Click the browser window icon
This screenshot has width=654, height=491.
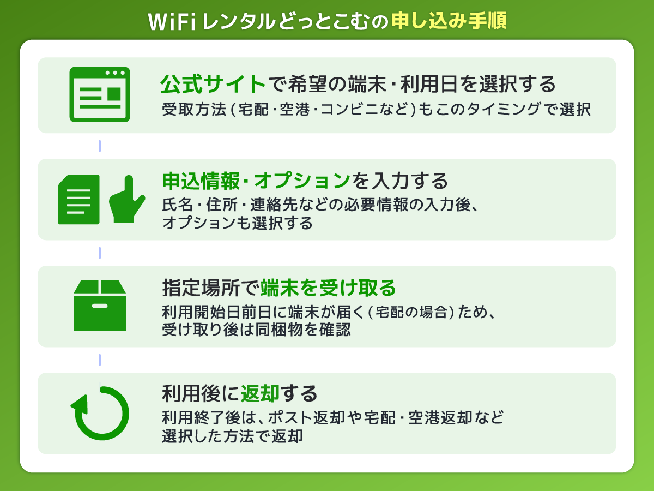pyautogui.click(x=100, y=94)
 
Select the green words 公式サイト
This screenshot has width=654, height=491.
pyautogui.click(x=213, y=85)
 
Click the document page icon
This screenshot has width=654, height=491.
pyautogui.click(x=79, y=199)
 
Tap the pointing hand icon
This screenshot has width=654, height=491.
pyautogui.click(x=127, y=199)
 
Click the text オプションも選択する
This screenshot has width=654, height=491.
pyautogui.click(x=237, y=223)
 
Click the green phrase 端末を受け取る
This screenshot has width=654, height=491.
pyautogui.click(x=328, y=287)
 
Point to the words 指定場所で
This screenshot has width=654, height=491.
pyautogui.click(x=210, y=287)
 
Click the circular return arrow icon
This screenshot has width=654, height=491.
pyautogui.click(x=100, y=413)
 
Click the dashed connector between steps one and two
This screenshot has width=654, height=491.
pyautogui.click(x=100, y=146)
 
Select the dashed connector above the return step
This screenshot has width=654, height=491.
pyautogui.click(x=100, y=360)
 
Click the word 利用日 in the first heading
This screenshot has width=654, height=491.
pyautogui.click(x=432, y=85)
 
